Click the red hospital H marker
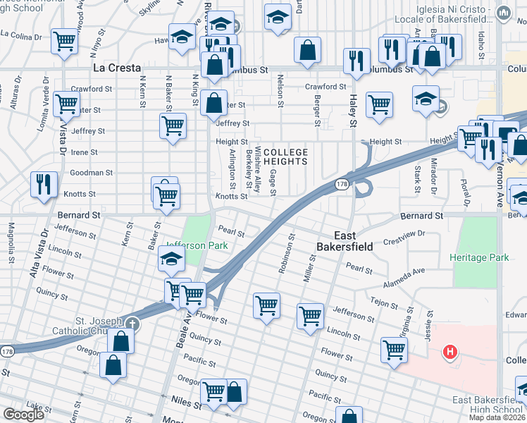(x=448, y=352)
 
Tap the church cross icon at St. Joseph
(x=131, y=324)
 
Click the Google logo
(x=23, y=415)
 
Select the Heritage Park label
(x=479, y=258)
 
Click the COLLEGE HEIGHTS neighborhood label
(x=286, y=157)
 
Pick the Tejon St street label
(x=385, y=302)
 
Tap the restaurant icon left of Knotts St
(x=44, y=184)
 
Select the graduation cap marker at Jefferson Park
(x=170, y=260)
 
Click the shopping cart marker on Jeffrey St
(x=173, y=127)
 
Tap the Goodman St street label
(x=92, y=173)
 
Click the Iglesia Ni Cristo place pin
(x=503, y=13)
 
